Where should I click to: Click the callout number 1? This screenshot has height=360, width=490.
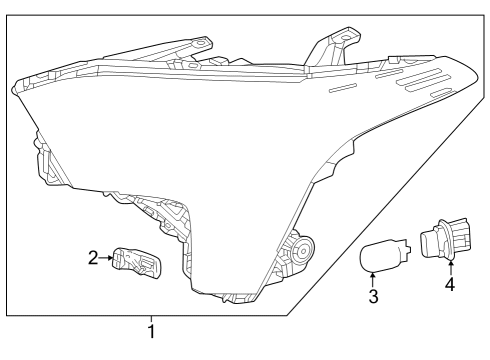[152, 331]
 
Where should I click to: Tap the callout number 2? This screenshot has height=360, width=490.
[93, 258]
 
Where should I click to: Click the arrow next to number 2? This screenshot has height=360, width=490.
[106, 258]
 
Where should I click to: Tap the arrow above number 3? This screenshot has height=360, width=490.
[373, 279]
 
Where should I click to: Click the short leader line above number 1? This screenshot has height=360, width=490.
[152, 318]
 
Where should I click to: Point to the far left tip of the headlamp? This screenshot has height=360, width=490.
[14, 88]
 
